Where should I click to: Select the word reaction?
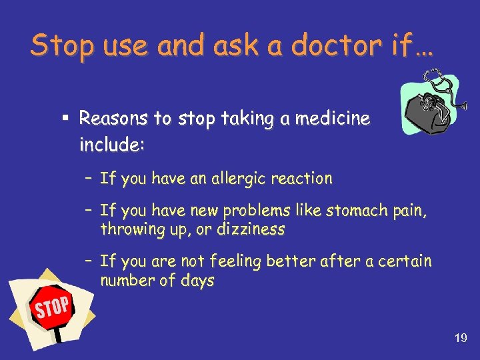pyautogui.click(x=299, y=179)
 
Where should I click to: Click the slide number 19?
pyautogui.click(x=460, y=339)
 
